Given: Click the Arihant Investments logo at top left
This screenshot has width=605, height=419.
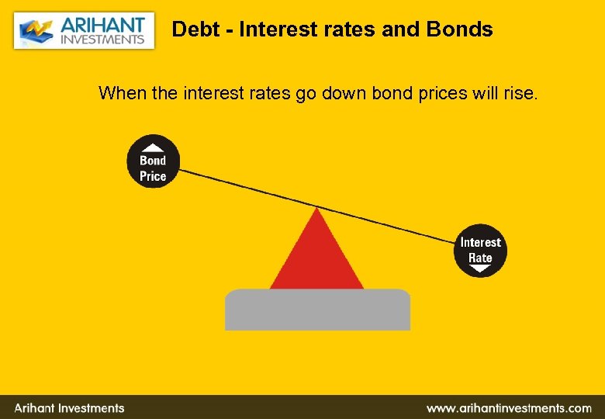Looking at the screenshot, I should point(84,30).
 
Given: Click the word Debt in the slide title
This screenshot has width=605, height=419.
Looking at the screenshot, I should point(191,29).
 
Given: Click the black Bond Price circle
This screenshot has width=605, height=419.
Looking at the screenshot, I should point(153,161).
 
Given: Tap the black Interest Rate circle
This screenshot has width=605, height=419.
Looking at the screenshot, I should point(480,251).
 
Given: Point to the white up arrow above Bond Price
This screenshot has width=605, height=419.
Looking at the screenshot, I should point(154,147).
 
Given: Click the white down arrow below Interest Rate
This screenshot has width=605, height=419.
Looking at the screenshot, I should point(480,269).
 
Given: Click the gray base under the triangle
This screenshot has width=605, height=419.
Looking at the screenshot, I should point(317,310).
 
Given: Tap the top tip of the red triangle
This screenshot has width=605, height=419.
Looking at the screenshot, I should point(316,210).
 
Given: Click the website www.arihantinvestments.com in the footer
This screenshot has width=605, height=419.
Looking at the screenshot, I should point(509,407).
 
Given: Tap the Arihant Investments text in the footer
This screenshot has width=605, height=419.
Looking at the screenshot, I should point(69,407).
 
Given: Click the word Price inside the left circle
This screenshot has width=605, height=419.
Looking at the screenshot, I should point(153,176).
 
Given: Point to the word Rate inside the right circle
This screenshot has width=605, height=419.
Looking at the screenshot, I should point(480,258).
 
